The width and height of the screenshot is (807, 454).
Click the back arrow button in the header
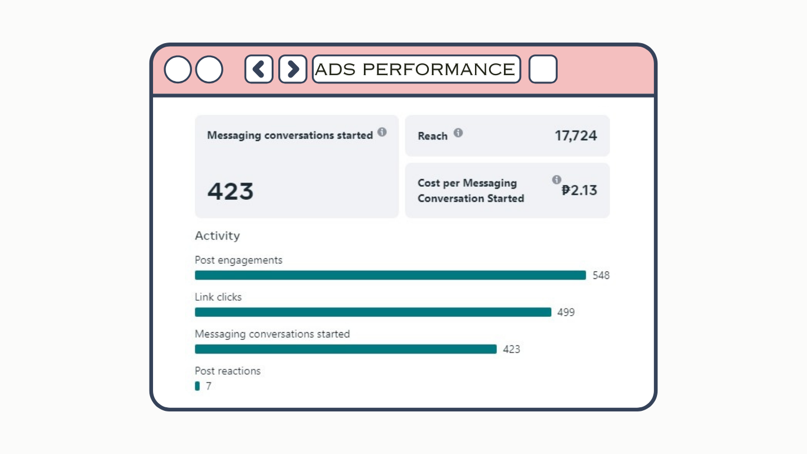pyautogui.click(x=259, y=69)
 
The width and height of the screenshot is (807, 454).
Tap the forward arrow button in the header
pyautogui.click(x=292, y=69)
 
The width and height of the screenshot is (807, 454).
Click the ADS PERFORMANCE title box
pyautogui.click(x=416, y=69)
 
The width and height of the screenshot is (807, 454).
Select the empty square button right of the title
pyautogui.click(x=543, y=69)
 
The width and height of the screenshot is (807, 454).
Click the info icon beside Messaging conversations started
pyautogui.click(x=382, y=132)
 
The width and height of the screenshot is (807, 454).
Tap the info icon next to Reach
pyautogui.click(x=458, y=133)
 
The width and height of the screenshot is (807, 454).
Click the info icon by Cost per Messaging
pyautogui.click(x=556, y=180)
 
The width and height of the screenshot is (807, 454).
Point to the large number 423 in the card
pyautogui.click(x=230, y=192)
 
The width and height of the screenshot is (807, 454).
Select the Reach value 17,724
pyautogui.click(x=575, y=136)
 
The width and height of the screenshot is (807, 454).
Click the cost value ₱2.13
pyautogui.click(x=579, y=190)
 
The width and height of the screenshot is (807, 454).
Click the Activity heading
pyautogui.click(x=217, y=236)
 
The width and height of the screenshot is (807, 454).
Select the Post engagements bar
pyautogui.click(x=390, y=275)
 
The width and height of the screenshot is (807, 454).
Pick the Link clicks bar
pyautogui.click(x=373, y=312)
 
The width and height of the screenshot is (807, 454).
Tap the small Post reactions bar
pyautogui.click(x=197, y=386)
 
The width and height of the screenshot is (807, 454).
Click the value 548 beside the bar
pyautogui.click(x=601, y=275)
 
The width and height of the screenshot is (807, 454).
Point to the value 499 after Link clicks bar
pyautogui.click(x=566, y=312)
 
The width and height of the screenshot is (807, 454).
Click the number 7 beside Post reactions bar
pyautogui.click(x=209, y=387)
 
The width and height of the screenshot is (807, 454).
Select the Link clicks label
pyautogui.click(x=218, y=297)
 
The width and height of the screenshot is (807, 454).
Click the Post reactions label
pyautogui.click(x=227, y=371)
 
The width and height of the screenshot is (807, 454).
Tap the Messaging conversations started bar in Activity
pyautogui.click(x=346, y=349)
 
